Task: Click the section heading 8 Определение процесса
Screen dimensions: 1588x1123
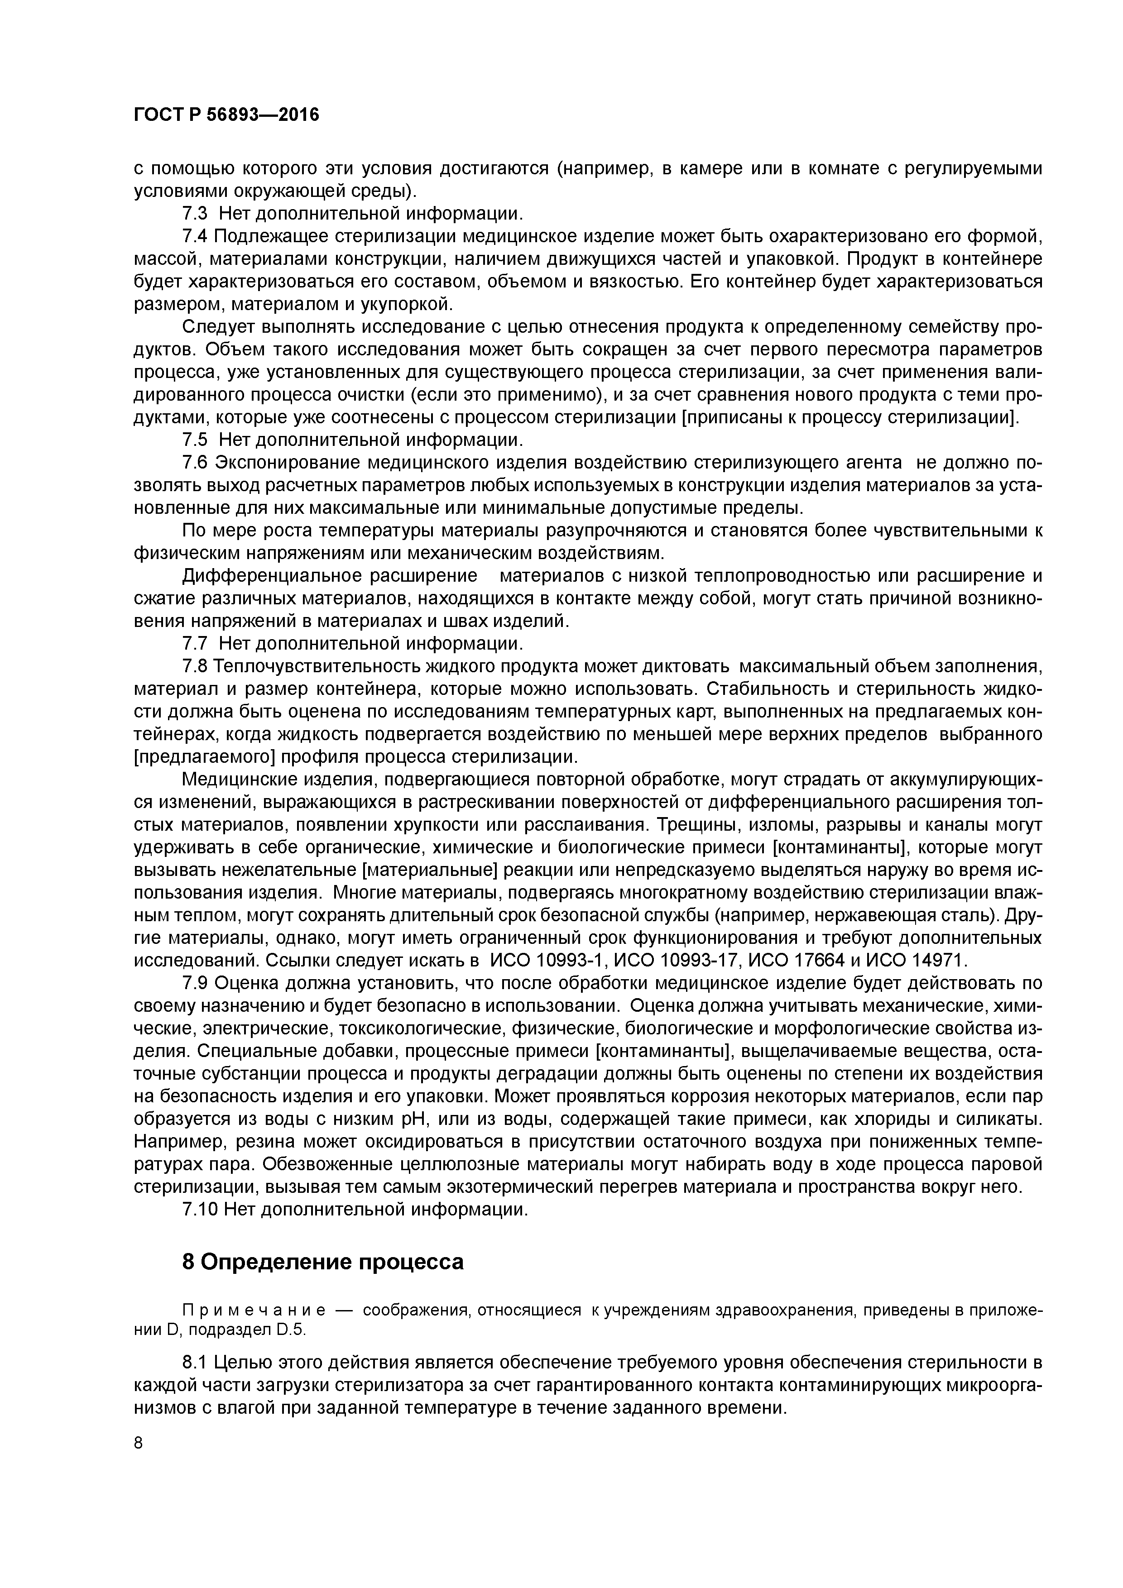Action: coord(322,1262)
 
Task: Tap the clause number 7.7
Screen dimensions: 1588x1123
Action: coord(196,644)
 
